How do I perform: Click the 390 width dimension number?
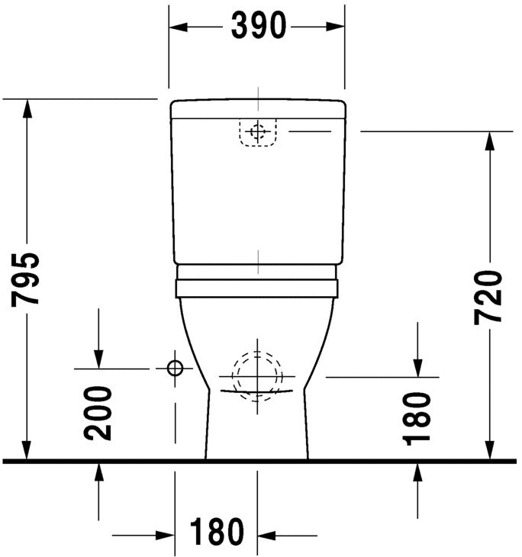(258, 27)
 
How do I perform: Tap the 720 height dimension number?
(488, 297)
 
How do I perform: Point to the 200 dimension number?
(99, 413)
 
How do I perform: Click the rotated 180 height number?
(417, 418)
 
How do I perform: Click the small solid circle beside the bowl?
(175, 369)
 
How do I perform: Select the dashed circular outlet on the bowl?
(258, 374)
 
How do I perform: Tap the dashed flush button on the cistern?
(258, 132)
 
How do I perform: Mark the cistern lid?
(258, 109)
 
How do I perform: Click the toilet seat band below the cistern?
(258, 288)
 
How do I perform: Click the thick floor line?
(259, 461)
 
